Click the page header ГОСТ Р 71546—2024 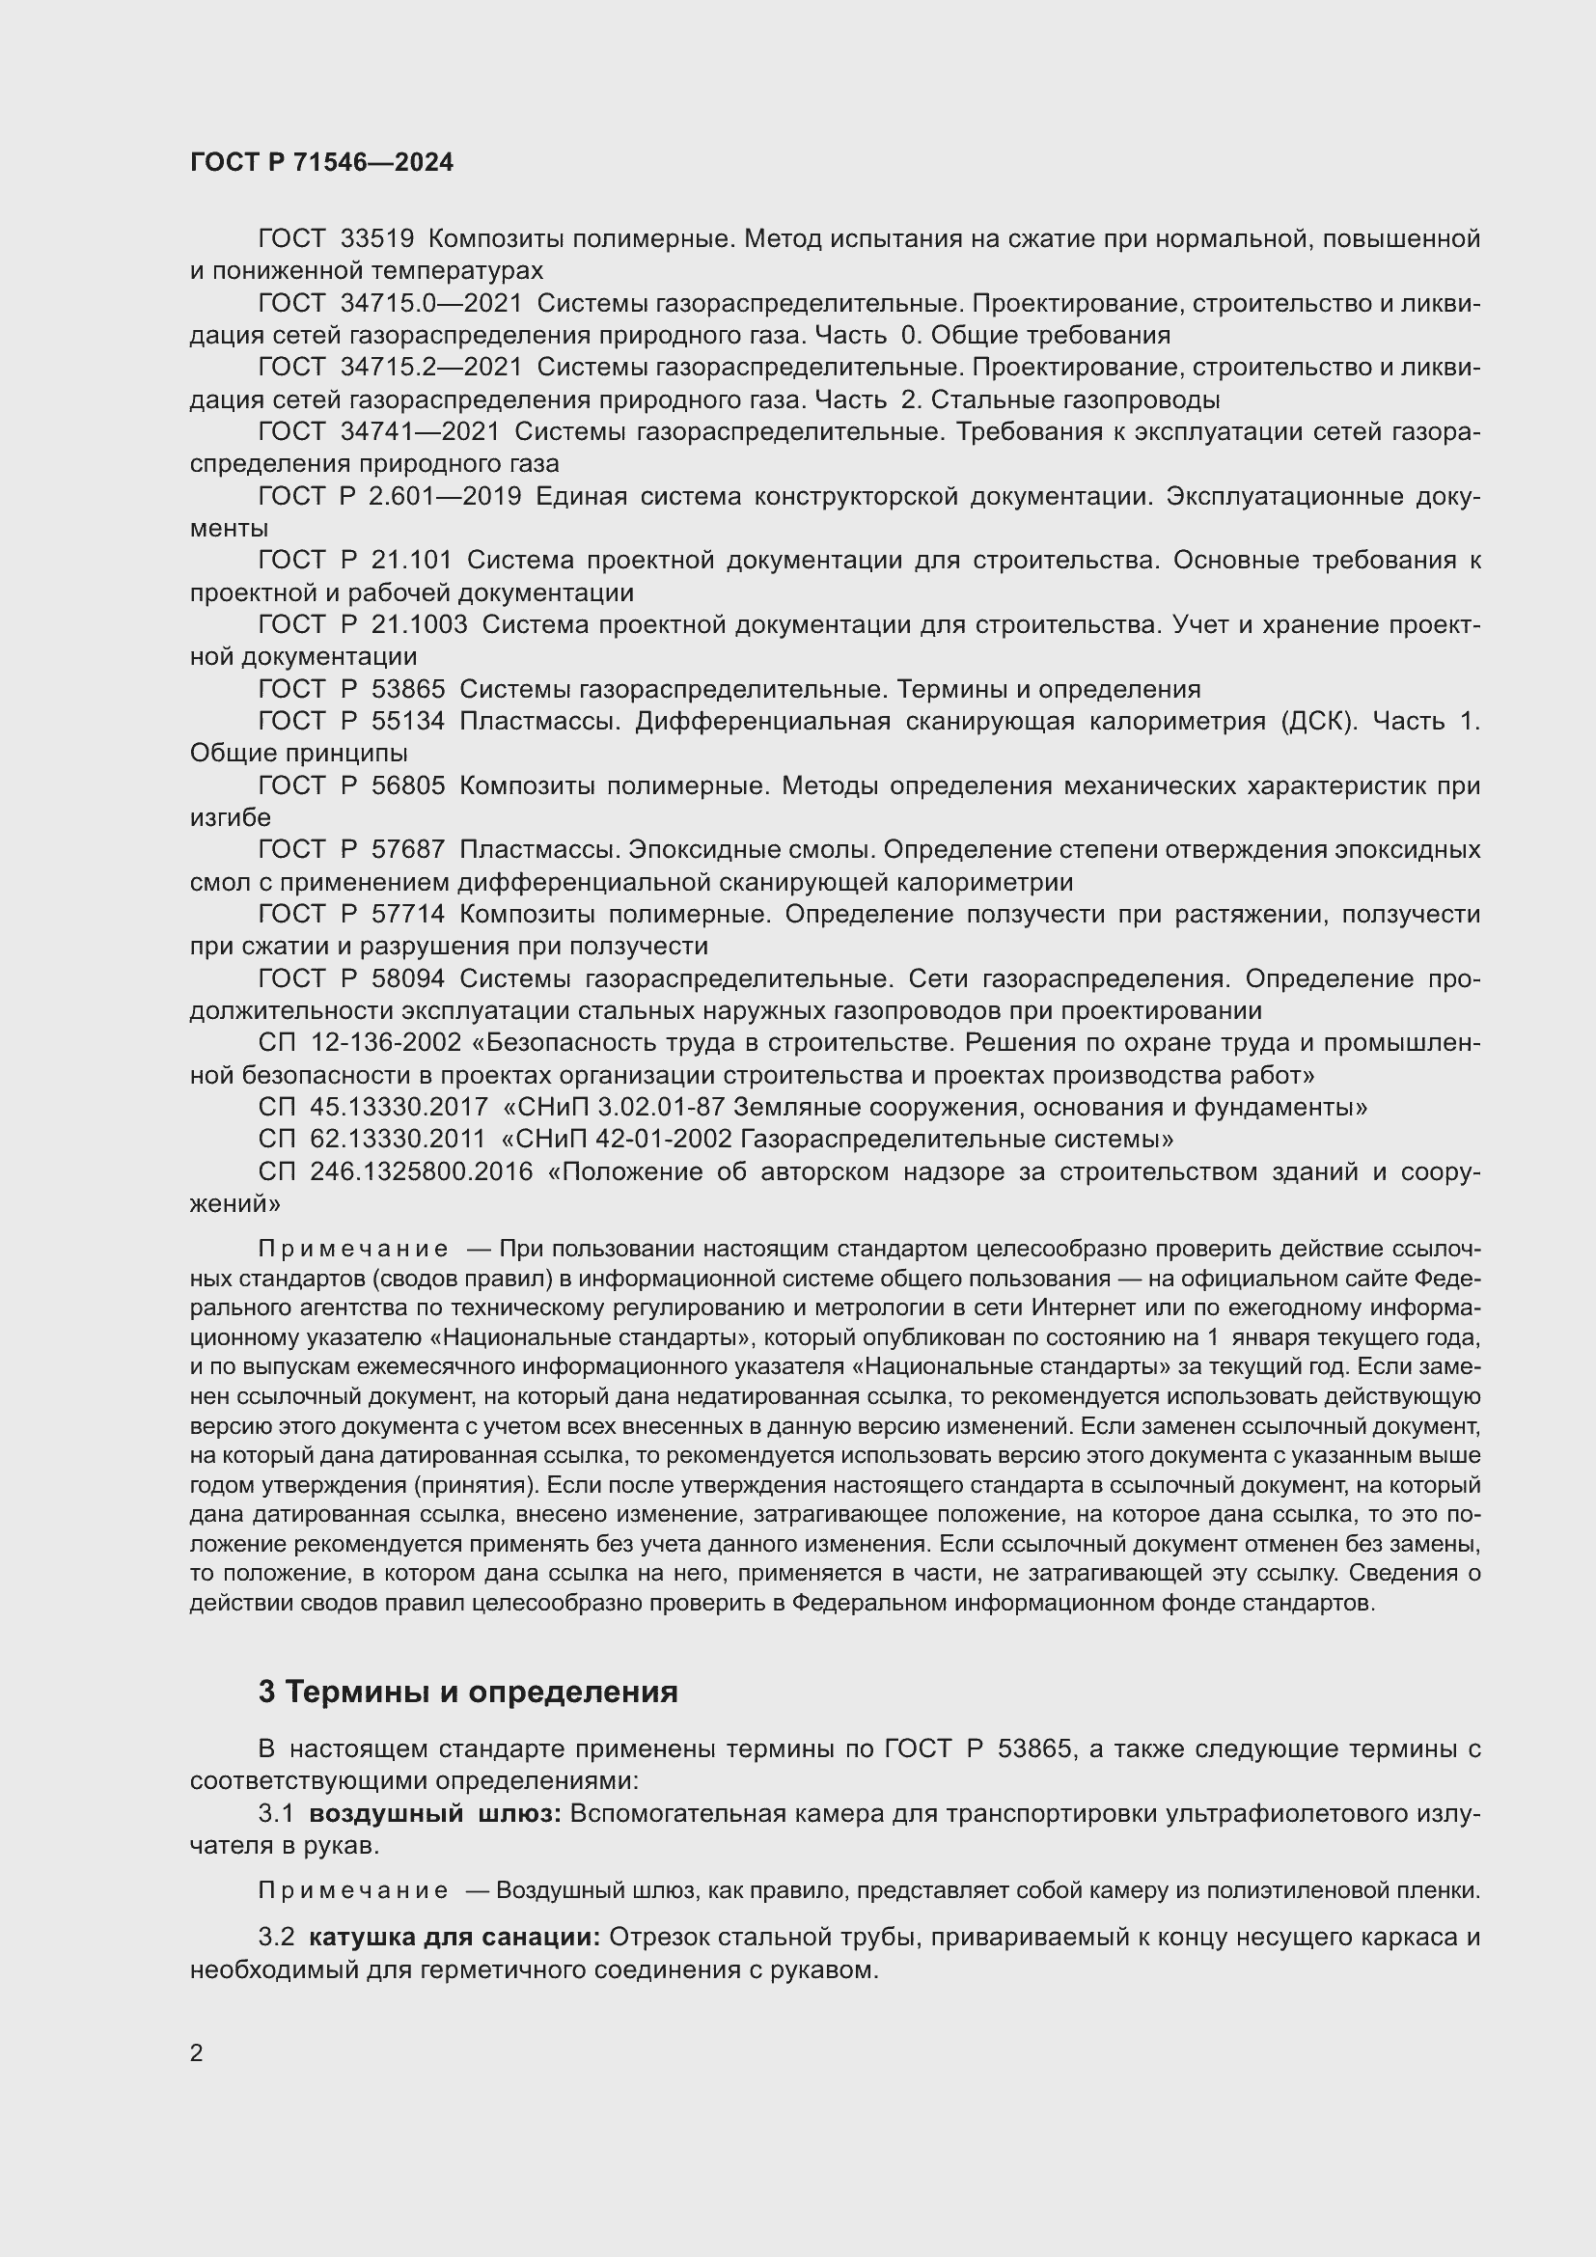pos(321,163)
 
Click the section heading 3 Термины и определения pos(468,1692)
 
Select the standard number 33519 pos(377,239)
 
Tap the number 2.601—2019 pos(445,496)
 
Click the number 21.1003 pos(420,624)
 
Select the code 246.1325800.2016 pos(421,1171)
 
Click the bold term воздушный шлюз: pos(434,1814)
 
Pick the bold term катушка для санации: pos(454,1938)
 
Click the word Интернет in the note pos(1078,1308)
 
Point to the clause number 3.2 pos(276,1938)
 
